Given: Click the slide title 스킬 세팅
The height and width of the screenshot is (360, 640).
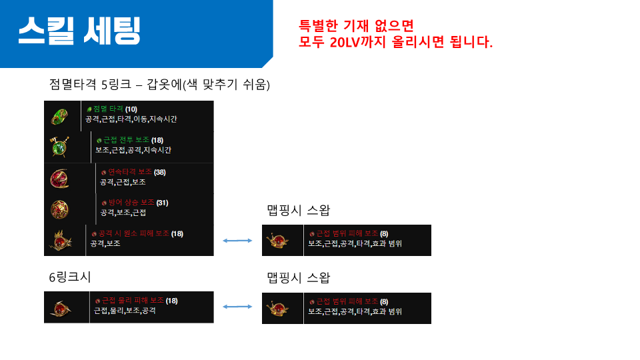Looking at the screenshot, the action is point(79,31).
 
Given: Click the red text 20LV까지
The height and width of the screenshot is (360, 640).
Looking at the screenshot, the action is point(357,42).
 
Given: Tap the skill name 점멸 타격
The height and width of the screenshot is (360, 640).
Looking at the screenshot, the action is point(108,109).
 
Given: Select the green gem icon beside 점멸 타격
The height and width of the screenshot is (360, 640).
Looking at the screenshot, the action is point(59,117).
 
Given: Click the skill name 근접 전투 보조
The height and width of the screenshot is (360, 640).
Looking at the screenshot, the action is point(126,139).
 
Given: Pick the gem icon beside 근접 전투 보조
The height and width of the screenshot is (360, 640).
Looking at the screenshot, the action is point(59,147).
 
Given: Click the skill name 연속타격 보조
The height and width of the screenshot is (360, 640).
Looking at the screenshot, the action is point(130,172).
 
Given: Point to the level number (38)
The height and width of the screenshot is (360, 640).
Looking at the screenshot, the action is point(159,172).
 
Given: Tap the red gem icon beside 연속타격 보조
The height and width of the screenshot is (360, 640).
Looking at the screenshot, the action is point(59,179).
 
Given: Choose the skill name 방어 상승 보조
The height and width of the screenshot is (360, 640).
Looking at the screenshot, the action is point(131,203).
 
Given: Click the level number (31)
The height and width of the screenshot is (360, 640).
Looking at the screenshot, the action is point(162,203).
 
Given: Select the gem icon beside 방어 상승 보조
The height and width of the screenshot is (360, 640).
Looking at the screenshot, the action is point(59,209).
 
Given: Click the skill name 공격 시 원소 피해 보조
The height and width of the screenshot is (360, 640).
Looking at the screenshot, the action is point(134,233).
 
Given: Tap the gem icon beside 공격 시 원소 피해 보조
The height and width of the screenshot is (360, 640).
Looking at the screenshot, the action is point(61,240).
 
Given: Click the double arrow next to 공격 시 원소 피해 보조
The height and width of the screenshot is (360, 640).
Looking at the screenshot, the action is point(237,241).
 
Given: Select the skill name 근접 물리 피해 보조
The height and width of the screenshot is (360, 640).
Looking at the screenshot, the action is point(133,301).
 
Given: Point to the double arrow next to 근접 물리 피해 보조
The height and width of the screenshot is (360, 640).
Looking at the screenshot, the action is point(237,307).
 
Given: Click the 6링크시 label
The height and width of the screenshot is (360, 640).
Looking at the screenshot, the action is point(70,277).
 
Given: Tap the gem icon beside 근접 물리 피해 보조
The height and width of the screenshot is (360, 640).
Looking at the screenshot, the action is point(61,308).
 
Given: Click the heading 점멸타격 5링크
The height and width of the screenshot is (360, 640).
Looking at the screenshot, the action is point(90,85).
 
